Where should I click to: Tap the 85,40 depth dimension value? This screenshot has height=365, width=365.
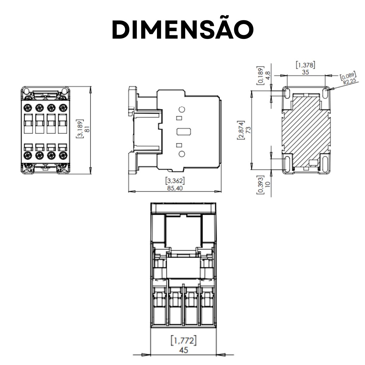(175, 188)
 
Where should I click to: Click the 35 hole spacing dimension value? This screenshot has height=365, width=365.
(305, 72)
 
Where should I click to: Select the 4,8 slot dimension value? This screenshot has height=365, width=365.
(268, 75)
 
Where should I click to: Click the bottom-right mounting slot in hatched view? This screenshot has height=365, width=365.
(325, 163)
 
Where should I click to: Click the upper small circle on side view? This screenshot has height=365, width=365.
(182, 109)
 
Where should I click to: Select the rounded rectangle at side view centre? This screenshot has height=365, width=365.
(184, 132)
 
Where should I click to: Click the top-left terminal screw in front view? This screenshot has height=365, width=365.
(28, 108)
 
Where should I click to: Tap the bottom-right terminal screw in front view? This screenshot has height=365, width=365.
(63, 155)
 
